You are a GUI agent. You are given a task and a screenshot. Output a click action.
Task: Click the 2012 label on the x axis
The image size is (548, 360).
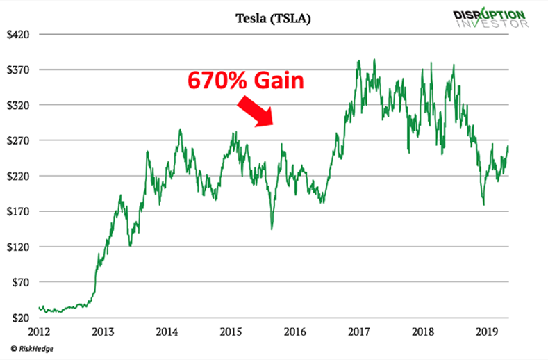point(40,332)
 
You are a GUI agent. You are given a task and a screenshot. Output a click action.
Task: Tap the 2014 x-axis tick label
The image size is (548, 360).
point(167,332)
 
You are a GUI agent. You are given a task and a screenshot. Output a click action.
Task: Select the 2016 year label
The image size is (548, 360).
point(295,332)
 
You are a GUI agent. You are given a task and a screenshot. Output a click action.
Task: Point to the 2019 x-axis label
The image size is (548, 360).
point(487,332)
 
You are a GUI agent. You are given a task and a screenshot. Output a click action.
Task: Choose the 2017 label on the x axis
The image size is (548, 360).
point(359,332)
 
